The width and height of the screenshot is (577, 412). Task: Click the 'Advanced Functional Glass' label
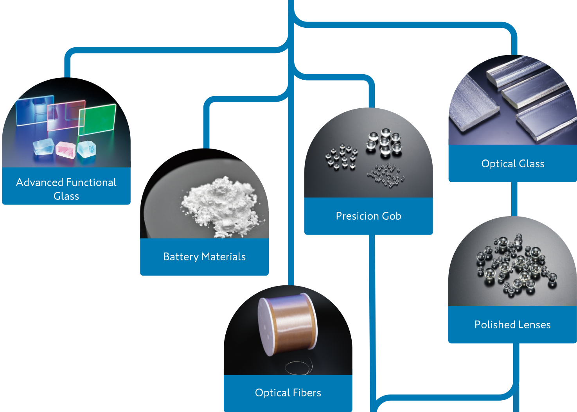click(x=66, y=189)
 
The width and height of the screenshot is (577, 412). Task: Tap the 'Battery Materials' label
click(x=204, y=257)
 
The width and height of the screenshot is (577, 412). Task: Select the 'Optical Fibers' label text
click(x=288, y=393)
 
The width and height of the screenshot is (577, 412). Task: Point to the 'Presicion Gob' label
click(x=368, y=216)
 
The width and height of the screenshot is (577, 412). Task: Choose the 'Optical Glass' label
click(x=512, y=164)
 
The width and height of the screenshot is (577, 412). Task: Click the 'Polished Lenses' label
click(x=512, y=325)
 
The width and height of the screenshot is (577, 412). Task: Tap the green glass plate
click(x=97, y=119)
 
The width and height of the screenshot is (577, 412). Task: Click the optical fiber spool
click(x=288, y=324)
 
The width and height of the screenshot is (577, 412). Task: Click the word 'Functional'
click(x=91, y=183)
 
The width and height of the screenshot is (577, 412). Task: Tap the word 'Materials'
click(x=223, y=257)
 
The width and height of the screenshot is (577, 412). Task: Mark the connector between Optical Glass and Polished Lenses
click(x=514, y=199)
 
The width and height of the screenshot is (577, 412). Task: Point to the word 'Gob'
click(x=392, y=216)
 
